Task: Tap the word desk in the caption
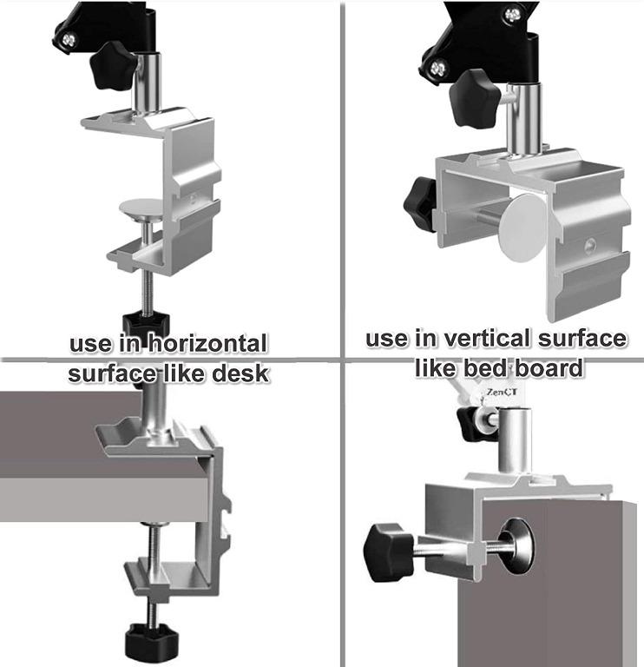coord(241,375)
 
